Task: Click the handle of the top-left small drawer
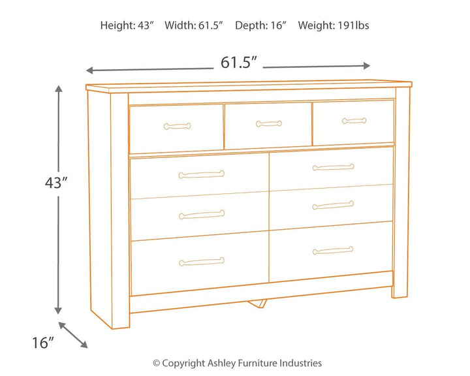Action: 177,126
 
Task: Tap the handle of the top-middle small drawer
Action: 269,123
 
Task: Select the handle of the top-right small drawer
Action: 354,121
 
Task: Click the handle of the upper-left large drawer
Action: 202,174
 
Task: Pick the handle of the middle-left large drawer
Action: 202,214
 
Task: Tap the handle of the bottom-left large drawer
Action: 202,261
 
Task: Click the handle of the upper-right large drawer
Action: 333,167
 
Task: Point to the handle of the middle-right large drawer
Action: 333,205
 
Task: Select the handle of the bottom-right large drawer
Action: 333,250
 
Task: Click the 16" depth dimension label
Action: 42,343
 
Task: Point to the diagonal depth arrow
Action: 73,334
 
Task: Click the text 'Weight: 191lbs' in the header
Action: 334,25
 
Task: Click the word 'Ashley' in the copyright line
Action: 222,363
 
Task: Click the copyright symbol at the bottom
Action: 157,363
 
